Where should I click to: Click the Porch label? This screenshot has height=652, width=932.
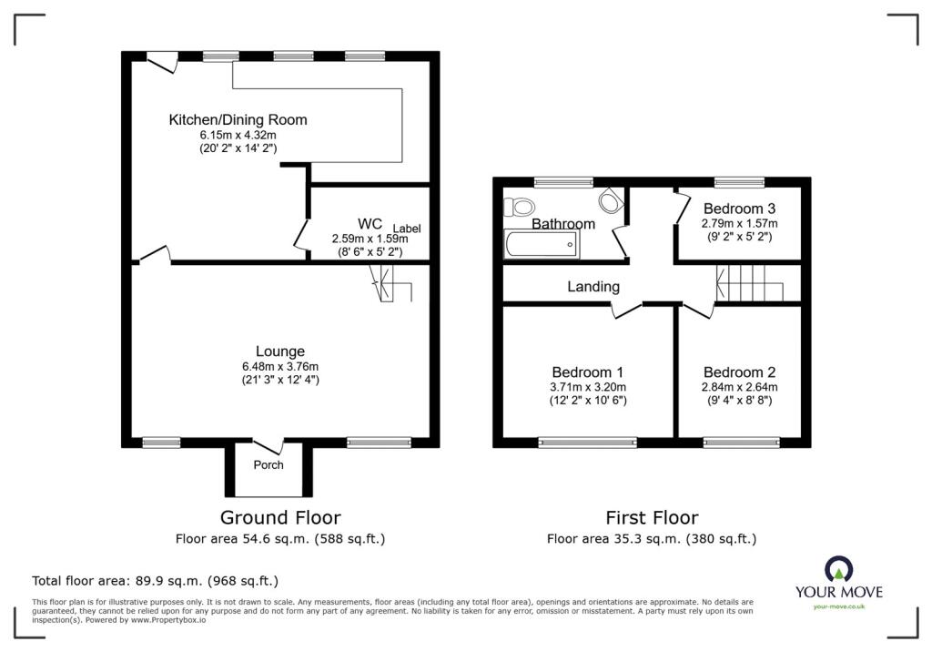[268, 464]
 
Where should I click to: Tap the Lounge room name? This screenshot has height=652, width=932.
[279, 351]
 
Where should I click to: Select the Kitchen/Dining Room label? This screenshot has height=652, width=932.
[238, 119]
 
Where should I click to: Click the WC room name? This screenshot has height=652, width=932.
[370, 223]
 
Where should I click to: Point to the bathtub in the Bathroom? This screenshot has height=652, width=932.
[541, 243]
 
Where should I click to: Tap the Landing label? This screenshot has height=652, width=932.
[593, 286]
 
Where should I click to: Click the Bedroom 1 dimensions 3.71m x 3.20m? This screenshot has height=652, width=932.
[588, 387]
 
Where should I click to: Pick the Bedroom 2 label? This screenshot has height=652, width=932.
[739, 372]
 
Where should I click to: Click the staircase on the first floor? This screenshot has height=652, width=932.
[750, 283]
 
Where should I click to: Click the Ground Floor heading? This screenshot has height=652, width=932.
[280, 518]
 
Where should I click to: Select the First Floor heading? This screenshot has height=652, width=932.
[652, 518]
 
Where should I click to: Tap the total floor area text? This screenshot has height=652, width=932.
[155, 580]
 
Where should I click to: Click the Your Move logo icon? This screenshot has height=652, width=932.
[838, 570]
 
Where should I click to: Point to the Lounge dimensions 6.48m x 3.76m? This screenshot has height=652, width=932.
[279, 367]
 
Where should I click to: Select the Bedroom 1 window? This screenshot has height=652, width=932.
[587, 443]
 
